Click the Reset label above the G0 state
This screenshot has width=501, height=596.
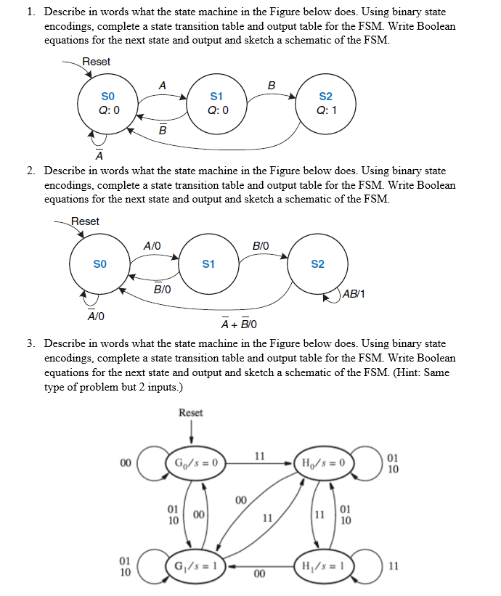[x=191, y=412]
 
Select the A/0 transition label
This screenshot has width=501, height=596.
[x=152, y=245]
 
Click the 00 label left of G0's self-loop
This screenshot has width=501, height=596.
[x=126, y=462]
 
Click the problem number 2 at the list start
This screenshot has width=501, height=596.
[x=31, y=171]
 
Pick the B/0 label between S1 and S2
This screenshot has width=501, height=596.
[x=260, y=245]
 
